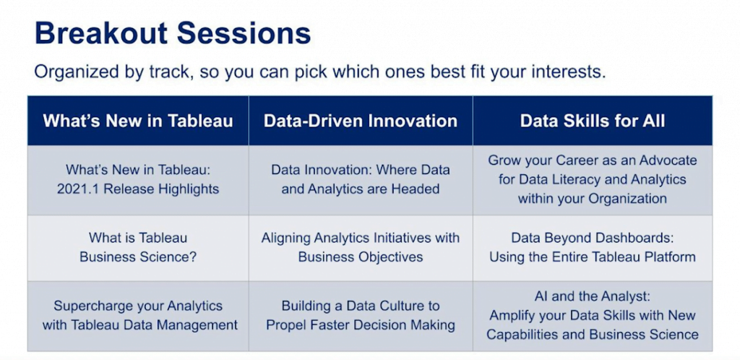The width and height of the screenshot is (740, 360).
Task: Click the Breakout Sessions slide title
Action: point(173,33)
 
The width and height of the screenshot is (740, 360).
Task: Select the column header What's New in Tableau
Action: point(138,121)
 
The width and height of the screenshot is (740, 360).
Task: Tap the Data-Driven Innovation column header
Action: point(361,121)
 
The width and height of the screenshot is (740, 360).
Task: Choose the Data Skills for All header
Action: point(593,121)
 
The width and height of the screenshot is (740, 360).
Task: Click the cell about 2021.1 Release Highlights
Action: point(138,179)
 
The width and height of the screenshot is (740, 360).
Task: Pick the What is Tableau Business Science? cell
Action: point(138,247)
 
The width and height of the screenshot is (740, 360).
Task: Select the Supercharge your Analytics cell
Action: point(138,315)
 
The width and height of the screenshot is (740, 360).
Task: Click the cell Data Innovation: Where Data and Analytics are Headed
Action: point(361,179)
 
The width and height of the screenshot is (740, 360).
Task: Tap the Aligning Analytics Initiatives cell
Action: point(361,247)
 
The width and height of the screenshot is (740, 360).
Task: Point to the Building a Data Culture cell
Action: point(361,315)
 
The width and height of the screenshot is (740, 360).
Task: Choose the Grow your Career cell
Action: point(593,179)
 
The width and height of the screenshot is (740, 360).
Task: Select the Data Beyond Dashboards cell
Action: point(593,247)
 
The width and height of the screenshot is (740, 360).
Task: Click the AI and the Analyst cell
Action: point(593,315)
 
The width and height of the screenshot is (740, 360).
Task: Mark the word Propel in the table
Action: point(283,325)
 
